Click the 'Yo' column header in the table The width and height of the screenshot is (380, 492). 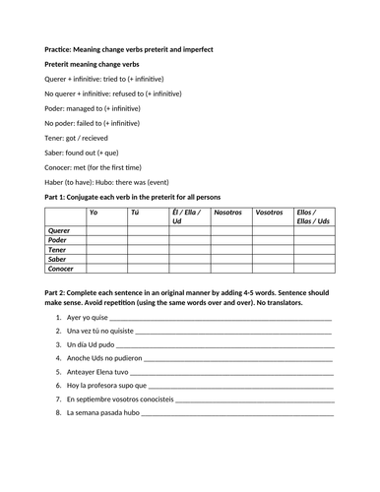click(x=94, y=212)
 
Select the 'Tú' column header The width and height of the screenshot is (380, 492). click(x=135, y=212)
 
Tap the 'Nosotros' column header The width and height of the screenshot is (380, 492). click(x=228, y=212)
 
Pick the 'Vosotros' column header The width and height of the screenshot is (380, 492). click(x=269, y=212)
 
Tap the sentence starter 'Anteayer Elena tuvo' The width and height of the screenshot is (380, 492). click(x=98, y=372)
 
